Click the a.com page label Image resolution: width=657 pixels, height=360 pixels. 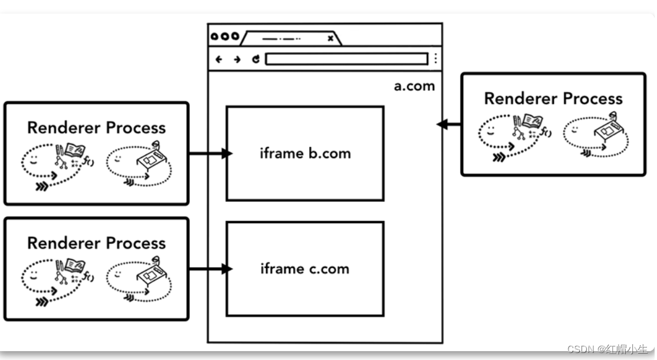tap(414, 86)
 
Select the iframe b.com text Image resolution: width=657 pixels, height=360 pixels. tap(305, 153)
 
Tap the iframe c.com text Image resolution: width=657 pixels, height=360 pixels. tap(305, 269)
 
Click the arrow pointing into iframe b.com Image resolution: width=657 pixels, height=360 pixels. tap(210, 153)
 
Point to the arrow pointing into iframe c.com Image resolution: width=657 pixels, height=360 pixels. tap(210, 269)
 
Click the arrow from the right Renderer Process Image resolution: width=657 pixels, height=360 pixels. tap(449, 125)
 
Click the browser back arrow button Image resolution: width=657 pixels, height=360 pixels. tap(219, 59)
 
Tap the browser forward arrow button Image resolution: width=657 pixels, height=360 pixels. tap(237, 59)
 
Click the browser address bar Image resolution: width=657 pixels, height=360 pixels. tap(346, 59)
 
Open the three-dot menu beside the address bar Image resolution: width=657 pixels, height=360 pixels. tap(435, 59)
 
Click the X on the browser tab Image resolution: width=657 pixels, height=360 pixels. tap(331, 38)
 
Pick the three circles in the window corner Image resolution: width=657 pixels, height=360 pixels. tap(225, 37)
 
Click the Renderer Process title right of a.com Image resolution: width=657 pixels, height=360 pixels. tap(553, 99)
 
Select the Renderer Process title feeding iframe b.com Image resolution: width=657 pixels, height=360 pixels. tap(96, 127)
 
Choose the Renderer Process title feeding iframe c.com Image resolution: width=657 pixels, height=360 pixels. tap(96, 243)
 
